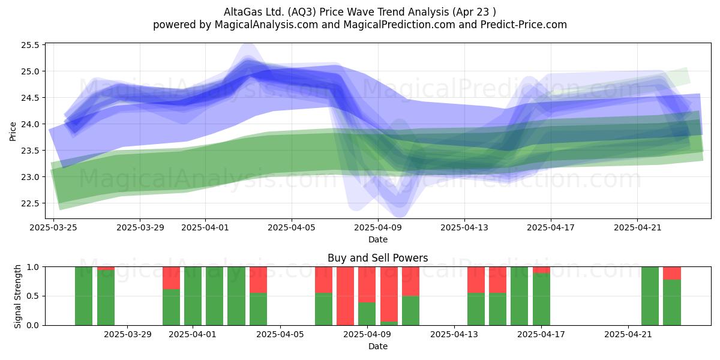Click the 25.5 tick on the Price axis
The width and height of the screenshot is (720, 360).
(x=30, y=45)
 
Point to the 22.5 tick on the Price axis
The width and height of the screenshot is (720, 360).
(x=30, y=203)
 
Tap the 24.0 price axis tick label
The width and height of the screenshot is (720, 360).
(x=30, y=124)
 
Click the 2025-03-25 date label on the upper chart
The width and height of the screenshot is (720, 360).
(x=53, y=227)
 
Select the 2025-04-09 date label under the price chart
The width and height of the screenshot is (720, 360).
(x=378, y=227)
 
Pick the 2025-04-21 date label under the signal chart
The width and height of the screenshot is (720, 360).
(x=628, y=334)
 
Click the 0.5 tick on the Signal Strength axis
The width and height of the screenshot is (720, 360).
(x=33, y=296)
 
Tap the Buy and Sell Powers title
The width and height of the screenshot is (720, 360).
(x=377, y=258)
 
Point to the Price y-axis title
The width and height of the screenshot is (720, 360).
(x=13, y=131)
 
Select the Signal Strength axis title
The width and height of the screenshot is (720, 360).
(x=17, y=296)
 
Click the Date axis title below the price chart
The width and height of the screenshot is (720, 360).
(x=378, y=239)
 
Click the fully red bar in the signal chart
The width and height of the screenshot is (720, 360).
(x=345, y=296)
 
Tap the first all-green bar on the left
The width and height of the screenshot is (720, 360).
(x=83, y=296)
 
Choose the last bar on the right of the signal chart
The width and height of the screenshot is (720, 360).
(x=672, y=296)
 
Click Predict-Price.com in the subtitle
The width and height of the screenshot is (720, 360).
(x=524, y=25)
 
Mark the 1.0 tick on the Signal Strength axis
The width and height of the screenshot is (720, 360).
(x=33, y=267)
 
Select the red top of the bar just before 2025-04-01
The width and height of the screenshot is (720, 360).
(x=172, y=278)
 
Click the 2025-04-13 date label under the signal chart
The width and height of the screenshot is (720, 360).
(x=454, y=334)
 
